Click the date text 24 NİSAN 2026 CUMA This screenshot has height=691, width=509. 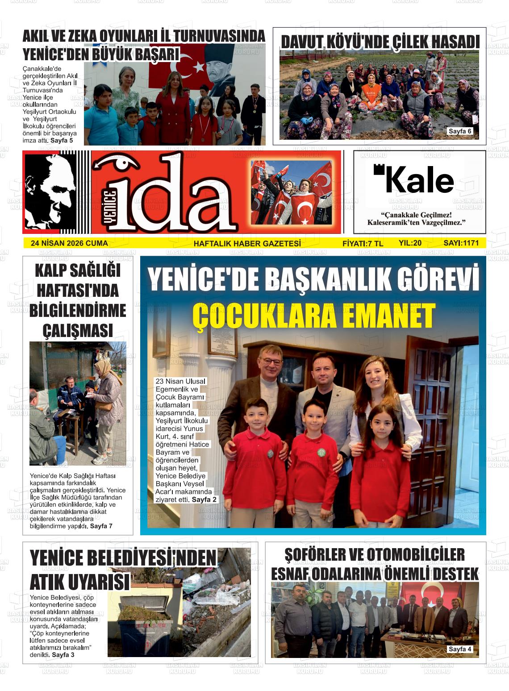tap(69, 243)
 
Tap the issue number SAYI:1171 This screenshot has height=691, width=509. tap(461, 243)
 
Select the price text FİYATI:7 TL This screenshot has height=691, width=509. tap(363, 243)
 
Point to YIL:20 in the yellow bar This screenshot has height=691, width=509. tap(410, 243)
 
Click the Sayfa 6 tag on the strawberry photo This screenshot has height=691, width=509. tap(460, 131)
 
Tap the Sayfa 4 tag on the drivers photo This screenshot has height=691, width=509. tap(460, 649)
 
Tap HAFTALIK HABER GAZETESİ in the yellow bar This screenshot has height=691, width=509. tap(247, 243)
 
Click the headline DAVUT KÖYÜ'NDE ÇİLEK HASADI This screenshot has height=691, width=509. tap(380, 42)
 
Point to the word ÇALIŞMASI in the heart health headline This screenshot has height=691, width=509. tap(78, 331)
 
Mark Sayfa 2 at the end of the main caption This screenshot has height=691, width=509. tap(204, 500)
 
